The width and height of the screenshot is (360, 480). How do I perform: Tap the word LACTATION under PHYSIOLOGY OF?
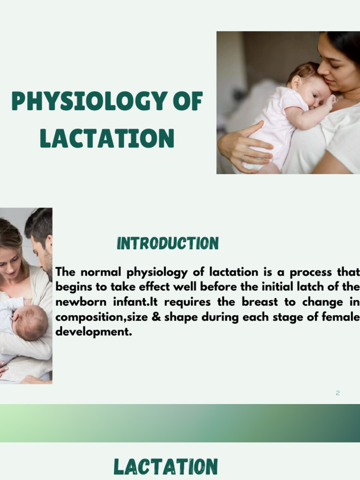tap(107, 138)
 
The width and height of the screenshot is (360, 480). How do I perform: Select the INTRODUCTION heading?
tap(168, 244)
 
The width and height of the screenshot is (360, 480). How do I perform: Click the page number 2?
tap(337, 393)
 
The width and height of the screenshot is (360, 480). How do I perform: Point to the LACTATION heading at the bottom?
tap(165, 467)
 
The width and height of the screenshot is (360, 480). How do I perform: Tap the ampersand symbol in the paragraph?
tap(157, 317)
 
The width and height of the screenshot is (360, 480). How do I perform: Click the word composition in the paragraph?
tap(85, 317)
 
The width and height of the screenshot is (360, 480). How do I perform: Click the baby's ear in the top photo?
tap(296, 83)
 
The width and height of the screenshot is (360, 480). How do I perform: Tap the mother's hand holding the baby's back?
tap(244, 145)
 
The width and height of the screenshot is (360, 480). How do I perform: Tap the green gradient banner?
tap(180, 423)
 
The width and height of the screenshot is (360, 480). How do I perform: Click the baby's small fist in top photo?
tap(330, 100)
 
